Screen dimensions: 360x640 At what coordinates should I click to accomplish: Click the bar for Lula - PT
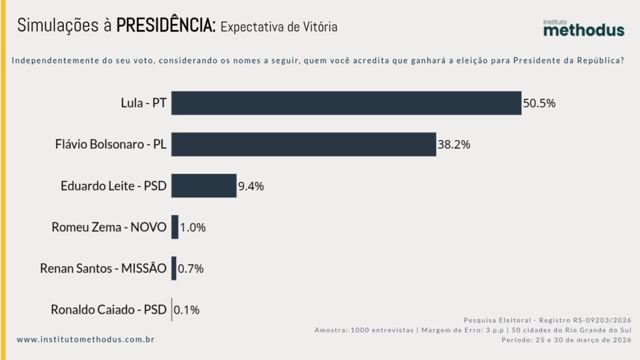pos(346,103)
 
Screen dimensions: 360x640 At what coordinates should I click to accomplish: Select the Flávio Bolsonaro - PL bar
pos(303,144)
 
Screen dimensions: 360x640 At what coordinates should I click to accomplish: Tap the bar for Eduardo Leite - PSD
pos(204,186)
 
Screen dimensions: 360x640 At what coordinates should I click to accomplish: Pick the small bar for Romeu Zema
pos(175,227)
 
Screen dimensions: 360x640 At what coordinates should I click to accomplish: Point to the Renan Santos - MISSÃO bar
pos(174,268)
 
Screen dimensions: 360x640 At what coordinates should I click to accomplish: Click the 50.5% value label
pos(539,104)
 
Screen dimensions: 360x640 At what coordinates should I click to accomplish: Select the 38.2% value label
pos(454,145)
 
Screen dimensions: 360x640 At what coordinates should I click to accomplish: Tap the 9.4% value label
pos(251,186)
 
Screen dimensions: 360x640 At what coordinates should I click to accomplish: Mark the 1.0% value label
pos(192,227)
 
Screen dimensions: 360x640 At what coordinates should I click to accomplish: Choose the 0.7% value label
pos(191,269)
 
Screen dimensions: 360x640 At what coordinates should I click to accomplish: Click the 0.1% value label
pos(187,309)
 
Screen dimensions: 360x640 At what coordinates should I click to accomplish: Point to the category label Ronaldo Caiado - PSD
pos(109,309)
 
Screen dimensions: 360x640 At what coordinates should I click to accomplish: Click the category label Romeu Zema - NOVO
pos(109,227)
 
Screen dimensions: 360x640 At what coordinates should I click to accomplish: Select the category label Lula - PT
pos(144,104)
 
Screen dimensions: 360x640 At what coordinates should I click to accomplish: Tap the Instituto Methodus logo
pos(582,27)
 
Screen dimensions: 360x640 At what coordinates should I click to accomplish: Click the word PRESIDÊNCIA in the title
pos(167,26)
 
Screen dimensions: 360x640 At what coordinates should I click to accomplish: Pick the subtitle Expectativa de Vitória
pos(279,27)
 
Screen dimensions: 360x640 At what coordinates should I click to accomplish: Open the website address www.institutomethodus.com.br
pos(86,339)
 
